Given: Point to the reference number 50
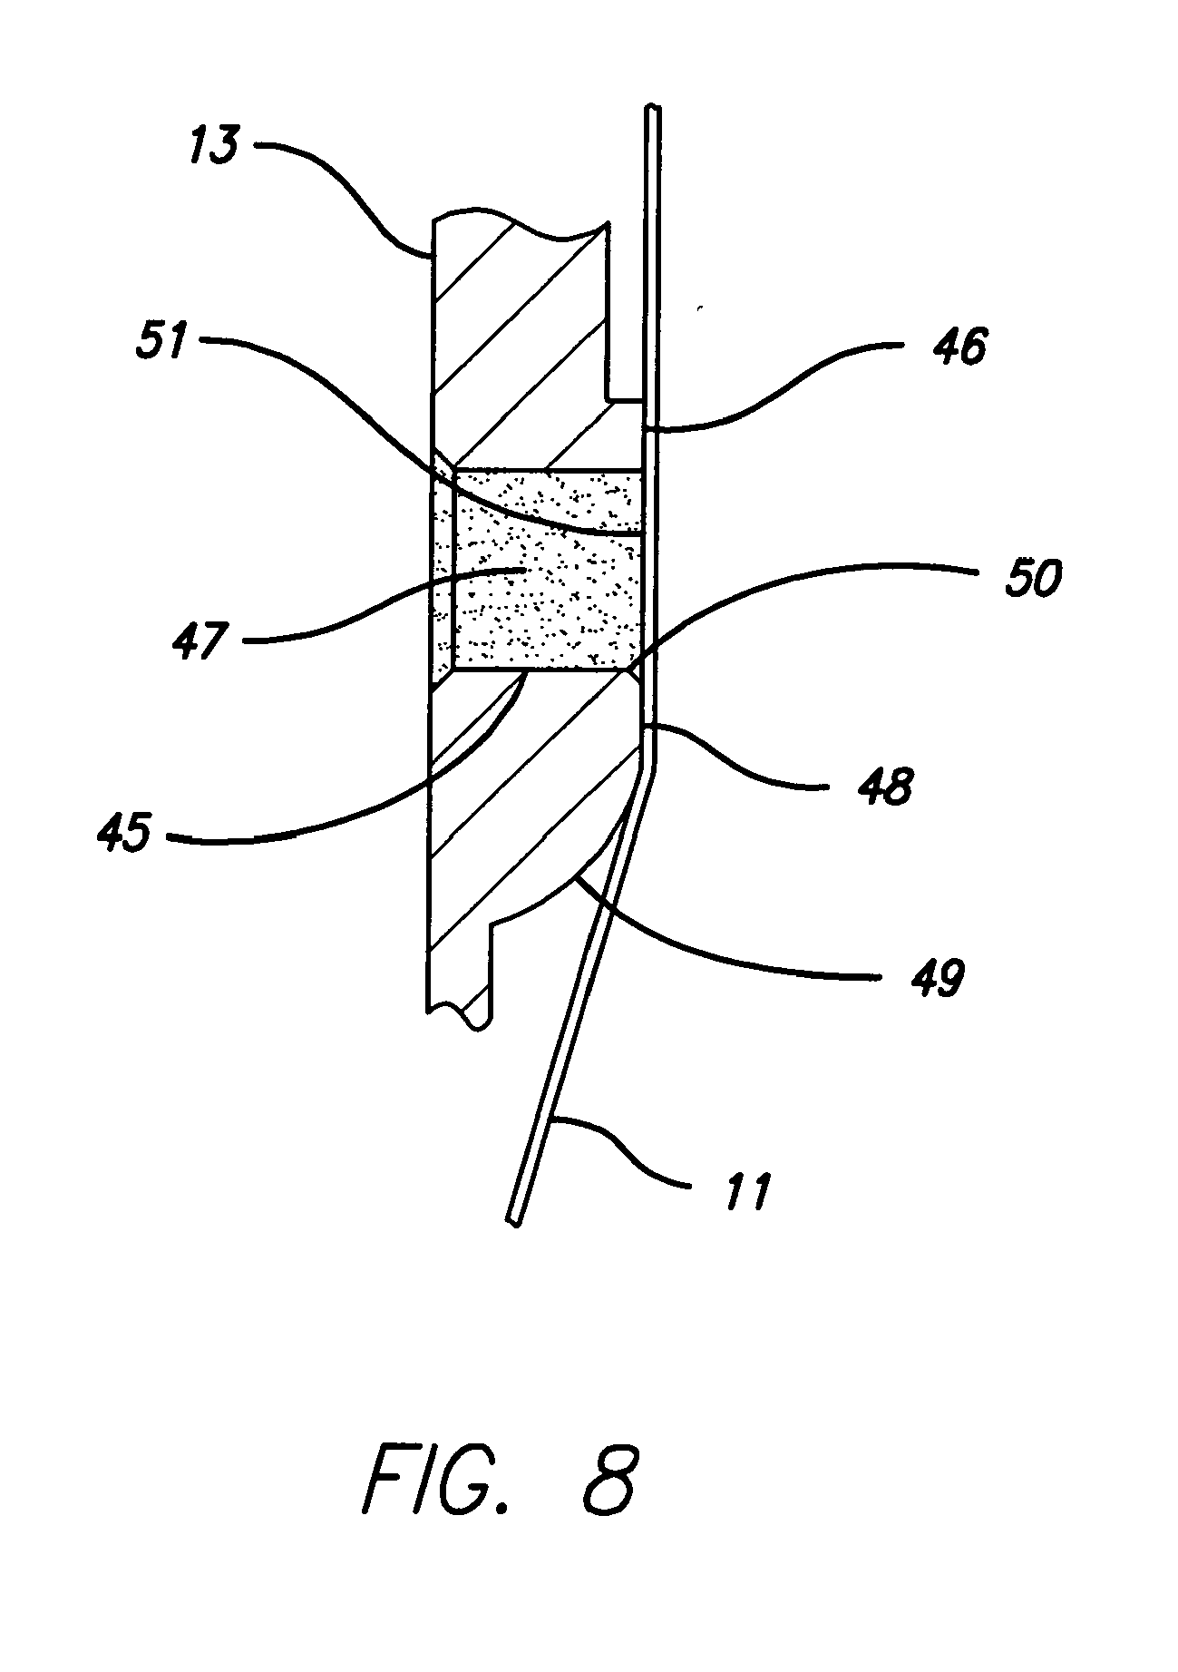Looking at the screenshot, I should (x=1032, y=577).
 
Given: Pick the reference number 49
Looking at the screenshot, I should (x=938, y=979).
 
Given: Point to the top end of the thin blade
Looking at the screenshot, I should (x=657, y=112).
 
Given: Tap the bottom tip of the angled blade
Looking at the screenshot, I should (x=514, y=1222).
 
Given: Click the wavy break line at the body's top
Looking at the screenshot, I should (x=517, y=227).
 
